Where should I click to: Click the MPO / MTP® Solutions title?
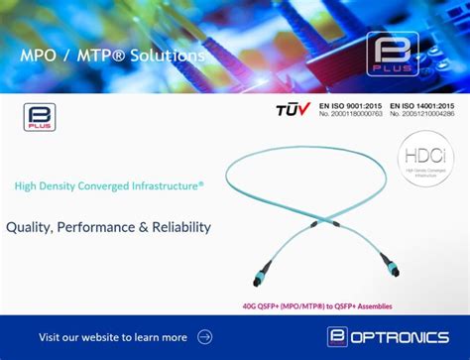[x=112, y=56]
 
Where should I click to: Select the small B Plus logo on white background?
[x=39, y=118]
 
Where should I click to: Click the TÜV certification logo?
[x=294, y=108]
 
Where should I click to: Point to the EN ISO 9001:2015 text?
[x=350, y=104]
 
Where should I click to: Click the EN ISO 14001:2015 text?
[x=421, y=104]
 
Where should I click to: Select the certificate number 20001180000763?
[x=350, y=114]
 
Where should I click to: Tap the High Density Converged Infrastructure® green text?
[x=109, y=184]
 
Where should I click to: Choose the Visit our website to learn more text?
[x=112, y=337]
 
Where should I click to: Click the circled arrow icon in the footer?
[x=205, y=337]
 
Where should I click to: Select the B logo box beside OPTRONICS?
[x=338, y=337]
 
